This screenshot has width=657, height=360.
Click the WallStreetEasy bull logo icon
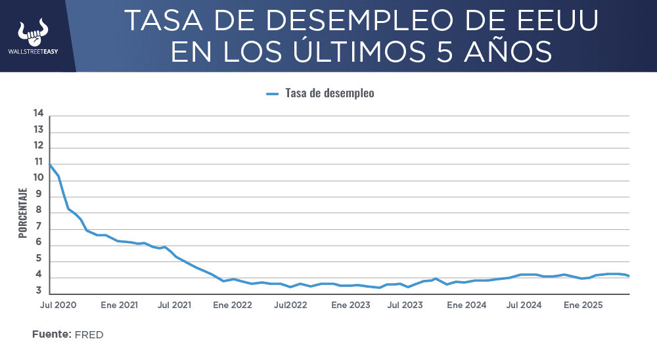click(33, 31)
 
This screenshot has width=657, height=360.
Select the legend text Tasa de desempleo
click(329, 93)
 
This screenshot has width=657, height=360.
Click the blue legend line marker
click(273, 94)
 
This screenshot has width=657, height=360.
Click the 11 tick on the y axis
click(38, 162)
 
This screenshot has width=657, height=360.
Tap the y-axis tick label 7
click(39, 227)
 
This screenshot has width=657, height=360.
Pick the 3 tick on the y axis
click(39, 290)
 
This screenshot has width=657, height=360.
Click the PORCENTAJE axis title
click(22, 212)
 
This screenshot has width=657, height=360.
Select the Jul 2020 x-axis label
click(58, 305)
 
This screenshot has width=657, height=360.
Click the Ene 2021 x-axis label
click(119, 305)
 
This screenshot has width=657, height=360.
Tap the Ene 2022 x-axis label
click(232, 305)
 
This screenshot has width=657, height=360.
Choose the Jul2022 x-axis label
click(290, 305)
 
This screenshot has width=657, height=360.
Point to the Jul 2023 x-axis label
click(405, 305)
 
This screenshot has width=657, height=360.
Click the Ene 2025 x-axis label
click(583, 305)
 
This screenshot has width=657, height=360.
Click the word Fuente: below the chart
click(51, 334)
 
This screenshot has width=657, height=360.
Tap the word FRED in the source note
click(89, 335)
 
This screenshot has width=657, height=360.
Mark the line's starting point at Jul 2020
click(50, 164)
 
